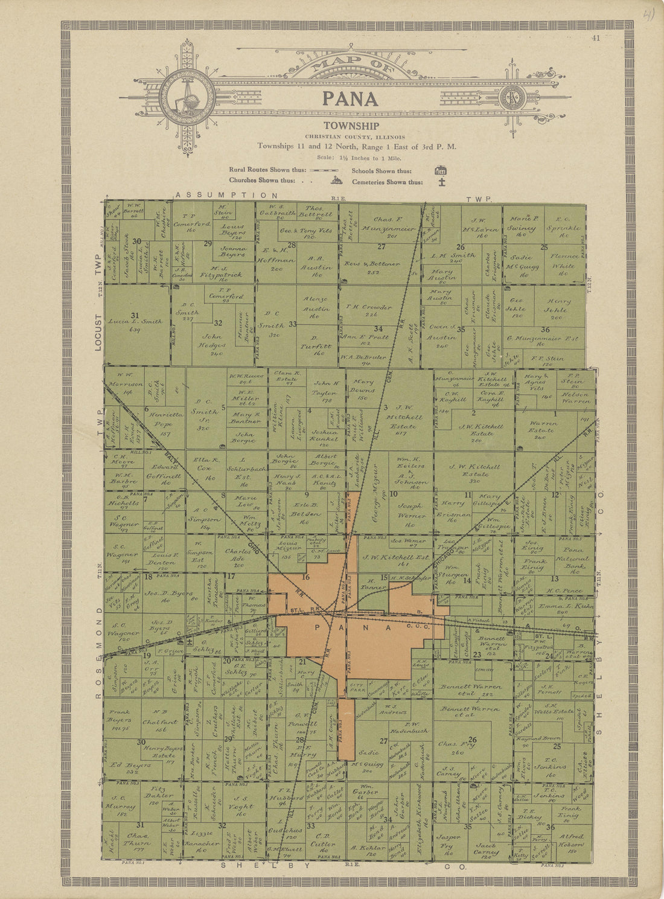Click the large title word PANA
point(350,99)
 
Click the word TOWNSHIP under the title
point(351,126)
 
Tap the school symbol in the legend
point(441,170)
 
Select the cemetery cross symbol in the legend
point(442,181)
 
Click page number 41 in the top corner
point(596,39)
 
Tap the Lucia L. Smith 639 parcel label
point(135,325)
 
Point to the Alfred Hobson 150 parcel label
point(572,840)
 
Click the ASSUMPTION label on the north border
point(227,196)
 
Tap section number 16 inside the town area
point(305,578)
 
